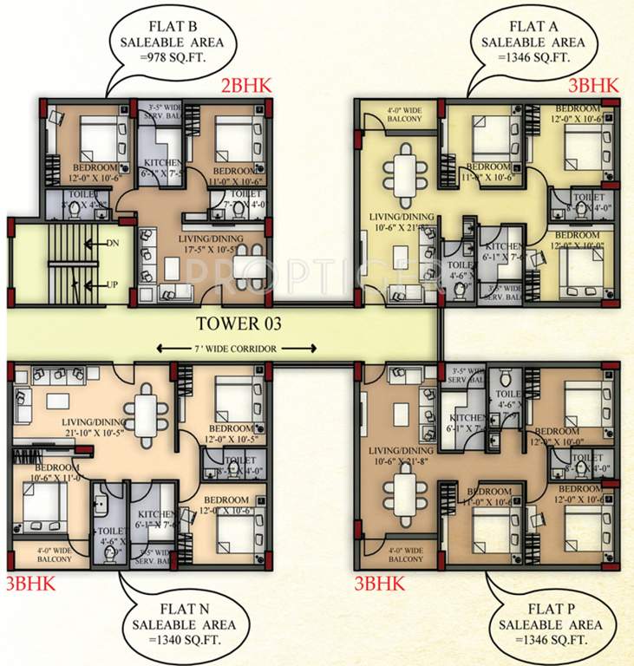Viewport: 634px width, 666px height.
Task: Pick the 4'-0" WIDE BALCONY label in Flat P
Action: (401, 553)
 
